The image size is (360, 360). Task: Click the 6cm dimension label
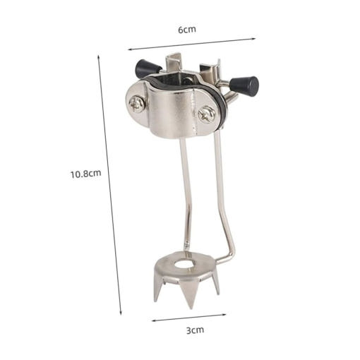[186, 30]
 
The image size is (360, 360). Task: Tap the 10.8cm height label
[86, 174]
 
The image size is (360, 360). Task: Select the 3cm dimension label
[195, 330]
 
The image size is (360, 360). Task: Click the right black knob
[244, 84]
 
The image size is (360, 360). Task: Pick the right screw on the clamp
[206, 114]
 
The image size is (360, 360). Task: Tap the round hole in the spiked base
[184, 264]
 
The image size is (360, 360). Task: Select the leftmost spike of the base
[157, 287]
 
